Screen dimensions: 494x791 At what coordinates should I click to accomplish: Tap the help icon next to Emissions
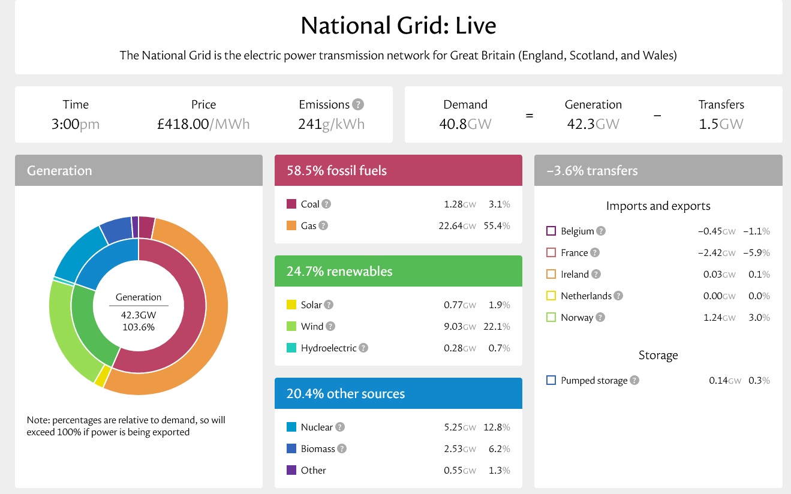point(358,104)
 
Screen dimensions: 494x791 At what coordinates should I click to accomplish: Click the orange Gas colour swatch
point(291,226)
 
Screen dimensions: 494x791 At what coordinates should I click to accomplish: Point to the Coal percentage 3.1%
point(499,204)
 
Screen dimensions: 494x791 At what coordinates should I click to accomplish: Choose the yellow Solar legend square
point(291,305)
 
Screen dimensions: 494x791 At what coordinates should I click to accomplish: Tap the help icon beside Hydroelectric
point(363,348)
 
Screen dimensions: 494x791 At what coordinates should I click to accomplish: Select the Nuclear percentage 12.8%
point(497,427)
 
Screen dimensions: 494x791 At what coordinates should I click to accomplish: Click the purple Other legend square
point(291,471)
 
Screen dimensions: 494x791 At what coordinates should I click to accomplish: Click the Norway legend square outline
point(551,318)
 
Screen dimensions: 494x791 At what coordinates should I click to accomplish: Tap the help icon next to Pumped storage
point(634,381)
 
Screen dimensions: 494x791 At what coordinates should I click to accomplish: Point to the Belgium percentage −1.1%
point(756,231)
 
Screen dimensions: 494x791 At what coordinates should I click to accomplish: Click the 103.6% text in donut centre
point(139,327)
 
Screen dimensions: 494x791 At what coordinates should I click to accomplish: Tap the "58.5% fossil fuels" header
point(336,170)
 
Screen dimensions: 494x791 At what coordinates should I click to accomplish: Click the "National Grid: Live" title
point(398,26)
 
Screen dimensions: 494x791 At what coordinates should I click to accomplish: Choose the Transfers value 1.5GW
point(721,124)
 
